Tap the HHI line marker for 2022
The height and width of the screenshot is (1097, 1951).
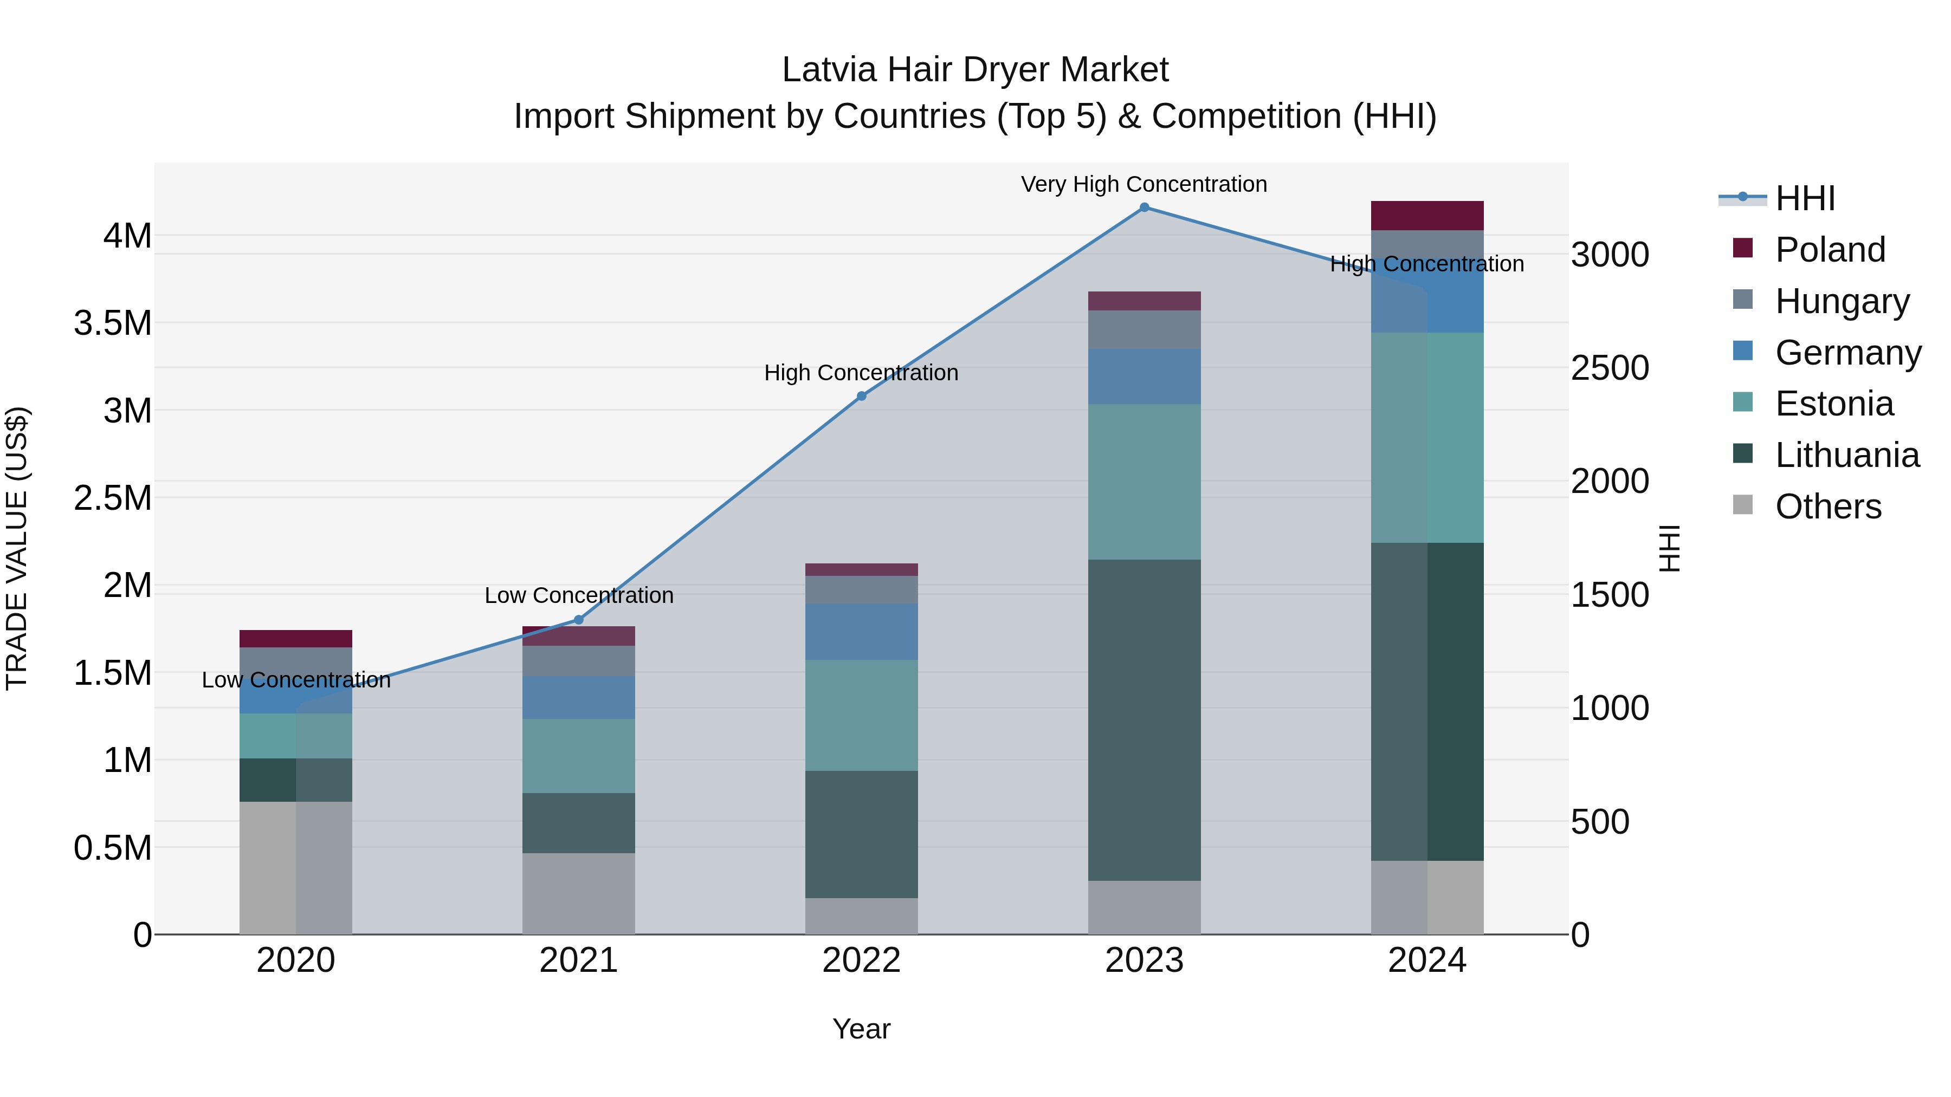(x=861, y=396)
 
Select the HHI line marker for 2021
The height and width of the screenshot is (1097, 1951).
(x=579, y=620)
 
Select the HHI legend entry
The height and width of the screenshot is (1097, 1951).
(x=1804, y=198)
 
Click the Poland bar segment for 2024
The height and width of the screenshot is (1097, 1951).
(x=1427, y=216)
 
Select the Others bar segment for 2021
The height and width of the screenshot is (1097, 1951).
(x=579, y=893)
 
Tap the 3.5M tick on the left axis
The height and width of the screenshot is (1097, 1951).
(x=112, y=323)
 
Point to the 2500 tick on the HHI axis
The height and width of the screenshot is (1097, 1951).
(x=1610, y=368)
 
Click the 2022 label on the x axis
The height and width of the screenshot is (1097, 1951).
(x=861, y=960)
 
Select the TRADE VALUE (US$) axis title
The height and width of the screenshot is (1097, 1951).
(x=17, y=548)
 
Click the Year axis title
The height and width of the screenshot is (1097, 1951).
(x=861, y=1029)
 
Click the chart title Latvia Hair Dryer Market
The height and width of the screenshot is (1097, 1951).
(x=975, y=70)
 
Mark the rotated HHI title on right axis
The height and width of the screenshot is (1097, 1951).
(x=1669, y=548)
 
